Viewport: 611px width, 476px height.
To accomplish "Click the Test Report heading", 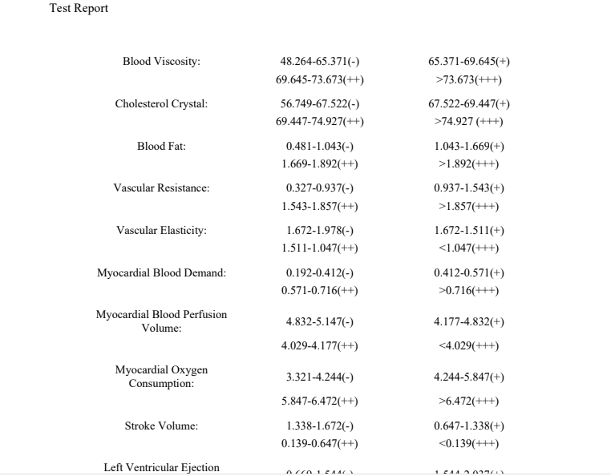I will pos(79,9).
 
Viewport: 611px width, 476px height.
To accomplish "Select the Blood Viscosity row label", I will pos(161,62).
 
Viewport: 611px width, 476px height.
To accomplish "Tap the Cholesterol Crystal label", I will pos(161,104).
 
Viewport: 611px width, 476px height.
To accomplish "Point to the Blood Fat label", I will pos(161,146).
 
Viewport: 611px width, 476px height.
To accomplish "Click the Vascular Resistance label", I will pos(161,188).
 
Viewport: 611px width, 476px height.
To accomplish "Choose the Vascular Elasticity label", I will pos(161,231).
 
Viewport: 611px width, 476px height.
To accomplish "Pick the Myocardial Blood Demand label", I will pos(161,273).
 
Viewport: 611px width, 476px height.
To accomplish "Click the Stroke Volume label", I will pos(161,426).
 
